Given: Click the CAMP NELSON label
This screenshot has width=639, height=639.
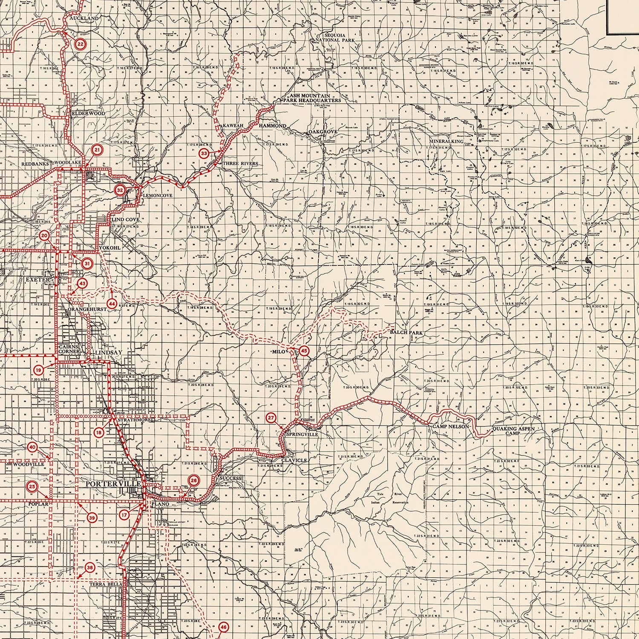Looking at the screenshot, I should pyautogui.click(x=451, y=426).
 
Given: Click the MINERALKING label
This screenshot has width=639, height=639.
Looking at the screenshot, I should pyautogui.click(x=446, y=141).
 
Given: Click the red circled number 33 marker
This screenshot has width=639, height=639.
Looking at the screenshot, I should pyautogui.click(x=205, y=153).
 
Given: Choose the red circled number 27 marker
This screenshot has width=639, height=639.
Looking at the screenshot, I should pyautogui.click(x=271, y=418).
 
